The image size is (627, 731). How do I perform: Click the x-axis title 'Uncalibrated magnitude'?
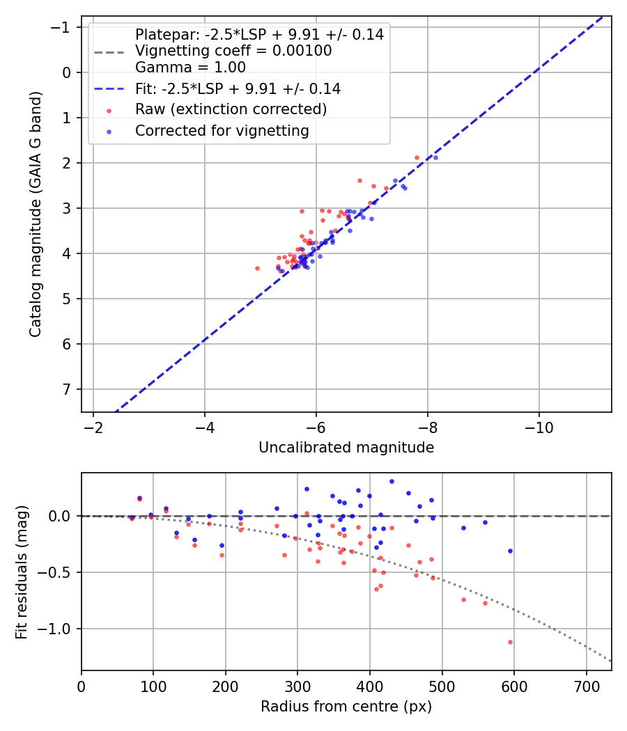coord(346,448)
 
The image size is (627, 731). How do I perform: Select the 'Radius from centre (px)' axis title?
coord(346,707)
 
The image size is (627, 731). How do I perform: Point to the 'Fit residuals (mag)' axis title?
coord(21,572)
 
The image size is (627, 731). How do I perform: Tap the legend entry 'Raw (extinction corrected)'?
coord(231,109)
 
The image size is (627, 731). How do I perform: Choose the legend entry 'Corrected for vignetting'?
coord(222,131)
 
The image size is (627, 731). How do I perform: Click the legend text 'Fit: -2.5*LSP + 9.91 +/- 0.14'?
coord(238,88)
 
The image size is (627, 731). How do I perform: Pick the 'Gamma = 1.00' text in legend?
coord(190,68)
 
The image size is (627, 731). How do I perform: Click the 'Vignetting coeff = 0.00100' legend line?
coord(233,51)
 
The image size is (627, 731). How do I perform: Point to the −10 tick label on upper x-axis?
coord(539,426)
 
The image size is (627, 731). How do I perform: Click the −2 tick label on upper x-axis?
coord(93,426)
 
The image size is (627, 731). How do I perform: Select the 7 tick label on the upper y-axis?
coord(66,389)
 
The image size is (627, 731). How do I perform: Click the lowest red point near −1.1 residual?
coord(510,642)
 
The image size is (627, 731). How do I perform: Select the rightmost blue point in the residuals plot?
coord(510,551)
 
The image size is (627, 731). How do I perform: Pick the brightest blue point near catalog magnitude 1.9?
coord(435,157)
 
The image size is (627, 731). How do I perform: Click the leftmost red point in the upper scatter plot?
coord(257,268)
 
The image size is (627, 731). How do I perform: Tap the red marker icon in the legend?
coord(108,110)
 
